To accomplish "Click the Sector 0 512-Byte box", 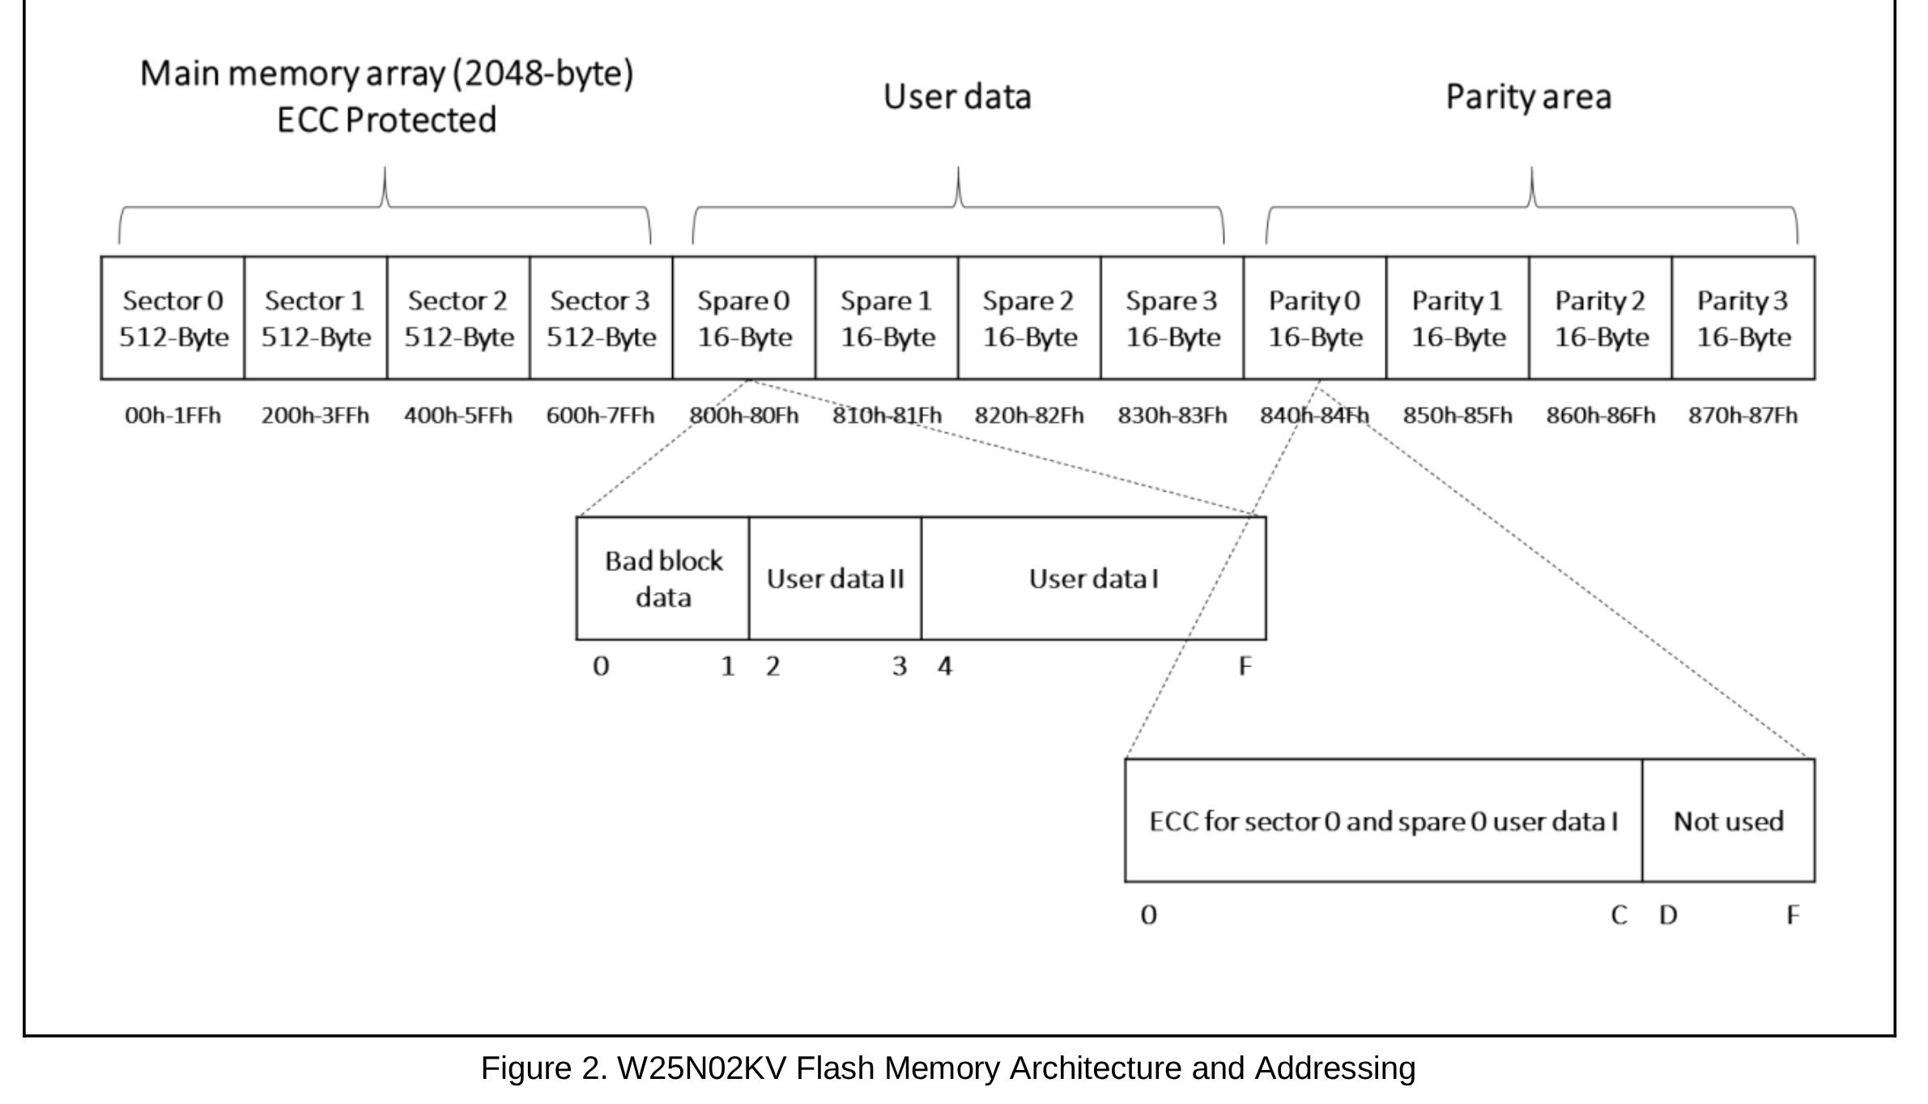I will (x=172, y=318).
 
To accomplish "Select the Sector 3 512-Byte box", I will (x=601, y=318).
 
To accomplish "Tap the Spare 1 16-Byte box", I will (x=887, y=318).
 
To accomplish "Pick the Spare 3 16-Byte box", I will (x=1172, y=318).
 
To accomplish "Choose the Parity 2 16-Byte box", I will (x=1600, y=318).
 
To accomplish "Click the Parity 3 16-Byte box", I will (x=1743, y=318).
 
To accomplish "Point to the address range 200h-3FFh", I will (x=315, y=416).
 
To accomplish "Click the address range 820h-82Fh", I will (x=1029, y=416).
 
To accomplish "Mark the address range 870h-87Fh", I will (x=1743, y=416).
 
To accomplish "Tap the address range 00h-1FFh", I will (x=172, y=416).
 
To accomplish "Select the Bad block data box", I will (x=663, y=578).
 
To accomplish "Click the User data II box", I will (x=835, y=578).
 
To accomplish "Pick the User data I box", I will (x=1093, y=578).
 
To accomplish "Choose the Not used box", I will (x=1728, y=821).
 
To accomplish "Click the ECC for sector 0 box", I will (x=1383, y=821).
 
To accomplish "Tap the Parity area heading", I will (x=1528, y=97).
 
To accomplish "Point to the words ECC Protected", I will (x=386, y=120).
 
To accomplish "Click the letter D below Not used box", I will (x=1668, y=915).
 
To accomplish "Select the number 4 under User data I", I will (x=944, y=667).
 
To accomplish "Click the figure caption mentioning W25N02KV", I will (x=947, y=1068).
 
